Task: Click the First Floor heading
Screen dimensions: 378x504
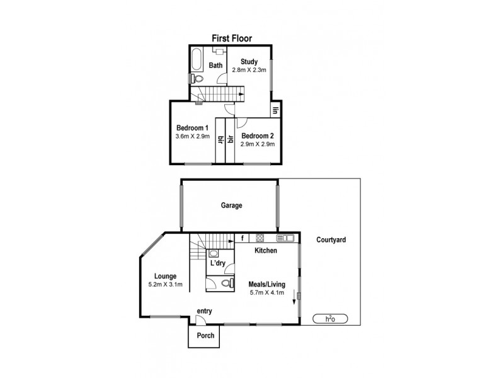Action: point(231,38)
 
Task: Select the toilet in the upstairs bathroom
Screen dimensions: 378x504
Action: point(196,79)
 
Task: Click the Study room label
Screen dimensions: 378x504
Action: point(249,61)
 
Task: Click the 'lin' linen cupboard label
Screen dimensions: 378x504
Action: point(276,110)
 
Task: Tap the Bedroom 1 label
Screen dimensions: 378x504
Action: point(192,128)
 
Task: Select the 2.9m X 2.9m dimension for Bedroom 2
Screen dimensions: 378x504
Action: point(258,144)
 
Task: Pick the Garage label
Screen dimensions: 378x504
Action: point(231,205)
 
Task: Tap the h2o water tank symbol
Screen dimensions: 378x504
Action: point(329,319)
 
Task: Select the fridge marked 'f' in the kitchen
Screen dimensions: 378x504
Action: point(243,238)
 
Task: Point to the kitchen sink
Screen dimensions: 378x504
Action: point(286,238)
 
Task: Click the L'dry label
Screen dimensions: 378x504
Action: point(219,263)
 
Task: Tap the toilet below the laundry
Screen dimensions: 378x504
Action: point(225,285)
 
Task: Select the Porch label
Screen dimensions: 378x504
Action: point(205,336)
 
